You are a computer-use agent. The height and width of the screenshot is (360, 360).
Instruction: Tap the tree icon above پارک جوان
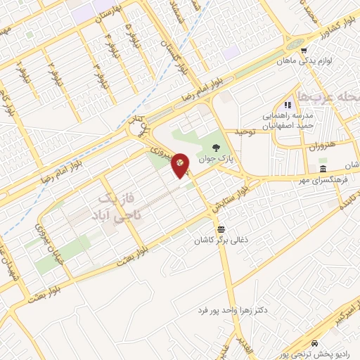[x=215, y=147]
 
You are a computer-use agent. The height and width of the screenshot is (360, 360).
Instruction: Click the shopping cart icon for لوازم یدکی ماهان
[x=304, y=51]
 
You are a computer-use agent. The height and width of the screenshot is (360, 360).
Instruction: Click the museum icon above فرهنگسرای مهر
[x=323, y=170]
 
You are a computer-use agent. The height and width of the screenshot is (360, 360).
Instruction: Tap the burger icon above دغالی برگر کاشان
[x=221, y=229]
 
